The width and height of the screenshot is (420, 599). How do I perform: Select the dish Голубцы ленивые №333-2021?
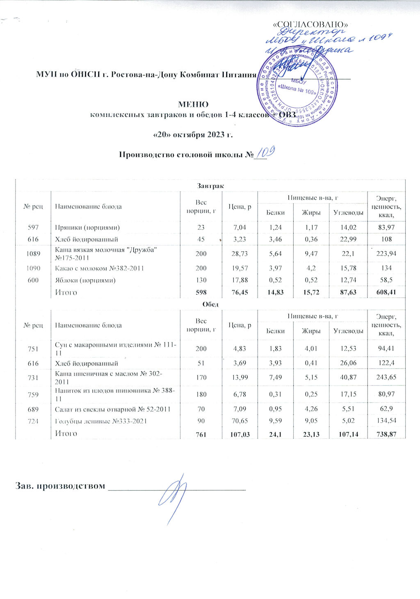101,421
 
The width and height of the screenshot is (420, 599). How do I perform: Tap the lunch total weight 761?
201,434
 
